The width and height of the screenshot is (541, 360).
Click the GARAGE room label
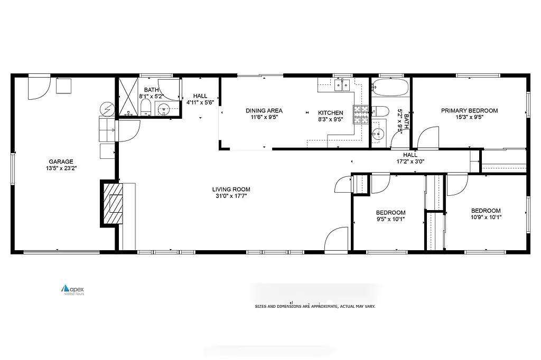(x=61, y=162)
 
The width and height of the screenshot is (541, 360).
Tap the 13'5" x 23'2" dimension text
(x=61, y=169)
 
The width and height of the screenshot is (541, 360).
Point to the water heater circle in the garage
(x=107, y=109)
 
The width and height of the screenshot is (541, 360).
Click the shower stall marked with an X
(x=127, y=98)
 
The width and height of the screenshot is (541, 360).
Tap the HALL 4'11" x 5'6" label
(x=200, y=99)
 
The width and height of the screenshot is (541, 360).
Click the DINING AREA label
(x=264, y=110)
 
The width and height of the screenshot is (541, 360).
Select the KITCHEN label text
(x=330, y=113)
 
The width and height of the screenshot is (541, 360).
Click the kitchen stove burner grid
(x=361, y=115)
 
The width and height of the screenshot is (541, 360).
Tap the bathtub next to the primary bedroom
(x=389, y=87)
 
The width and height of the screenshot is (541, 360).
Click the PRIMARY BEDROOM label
(x=469, y=110)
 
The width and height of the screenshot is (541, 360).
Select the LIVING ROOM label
(x=231, y=189)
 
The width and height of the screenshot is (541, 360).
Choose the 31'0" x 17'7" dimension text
(x=231, y=196)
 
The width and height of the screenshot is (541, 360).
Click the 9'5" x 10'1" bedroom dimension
(x=391, y=219)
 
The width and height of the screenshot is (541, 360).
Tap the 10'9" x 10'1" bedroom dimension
(x=486, y=217)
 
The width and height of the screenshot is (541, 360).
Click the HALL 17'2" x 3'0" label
(x=410, y=158)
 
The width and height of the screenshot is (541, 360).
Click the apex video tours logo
(x=73, y=289)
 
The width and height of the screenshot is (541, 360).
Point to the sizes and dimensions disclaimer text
(x=315, y=306)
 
